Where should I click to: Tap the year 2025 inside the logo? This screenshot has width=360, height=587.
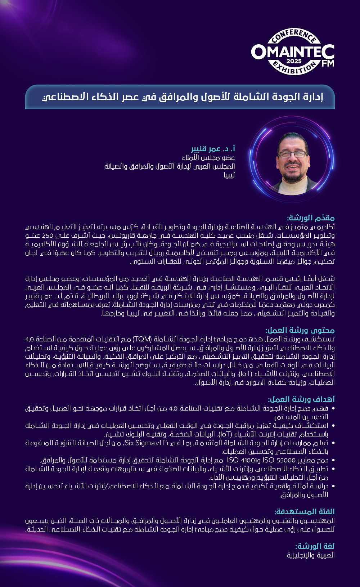click(294, 61)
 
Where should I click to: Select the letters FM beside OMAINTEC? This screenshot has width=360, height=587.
click(328, 63)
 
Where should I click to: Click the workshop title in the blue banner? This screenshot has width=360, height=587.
click(183, 97)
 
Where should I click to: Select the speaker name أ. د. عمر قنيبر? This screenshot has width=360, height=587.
click(213, 149)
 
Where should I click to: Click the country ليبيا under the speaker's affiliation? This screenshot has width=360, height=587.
click(229, 175)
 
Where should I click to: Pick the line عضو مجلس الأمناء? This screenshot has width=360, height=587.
click(208, 158)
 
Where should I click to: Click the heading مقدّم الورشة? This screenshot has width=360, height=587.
click(311, 218)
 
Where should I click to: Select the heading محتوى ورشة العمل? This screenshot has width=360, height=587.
click(300, 330)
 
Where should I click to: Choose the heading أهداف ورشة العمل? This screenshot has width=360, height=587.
click(301, 399)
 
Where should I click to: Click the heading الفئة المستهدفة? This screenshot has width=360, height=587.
click(304, 512)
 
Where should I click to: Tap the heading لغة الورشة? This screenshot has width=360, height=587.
click(315, 546)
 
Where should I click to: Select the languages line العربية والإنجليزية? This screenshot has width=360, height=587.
click(311, 555)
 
